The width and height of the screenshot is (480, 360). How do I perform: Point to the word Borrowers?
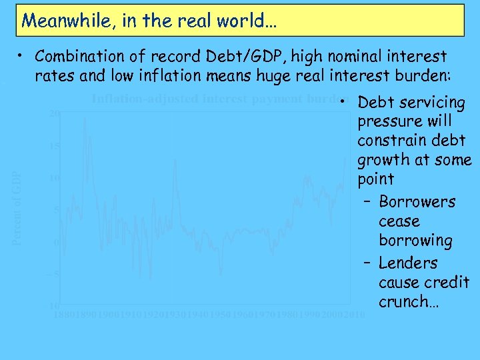coord(417,202)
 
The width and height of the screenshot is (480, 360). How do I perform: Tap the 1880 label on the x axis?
coord(65,314)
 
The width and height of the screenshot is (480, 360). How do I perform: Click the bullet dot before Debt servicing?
coord(341,103)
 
